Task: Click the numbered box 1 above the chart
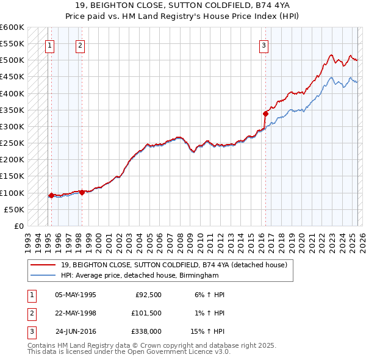click(49, 45)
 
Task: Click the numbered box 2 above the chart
click(81, 45)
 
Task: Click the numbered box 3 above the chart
click(264, 45)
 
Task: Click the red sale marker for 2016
click(266, 113)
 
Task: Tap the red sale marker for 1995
click(51, 195)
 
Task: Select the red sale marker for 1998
click(82, 192)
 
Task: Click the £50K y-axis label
click(14, 209)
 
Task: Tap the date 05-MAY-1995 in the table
click(75, 295)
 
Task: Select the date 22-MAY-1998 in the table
click(75, 314)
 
